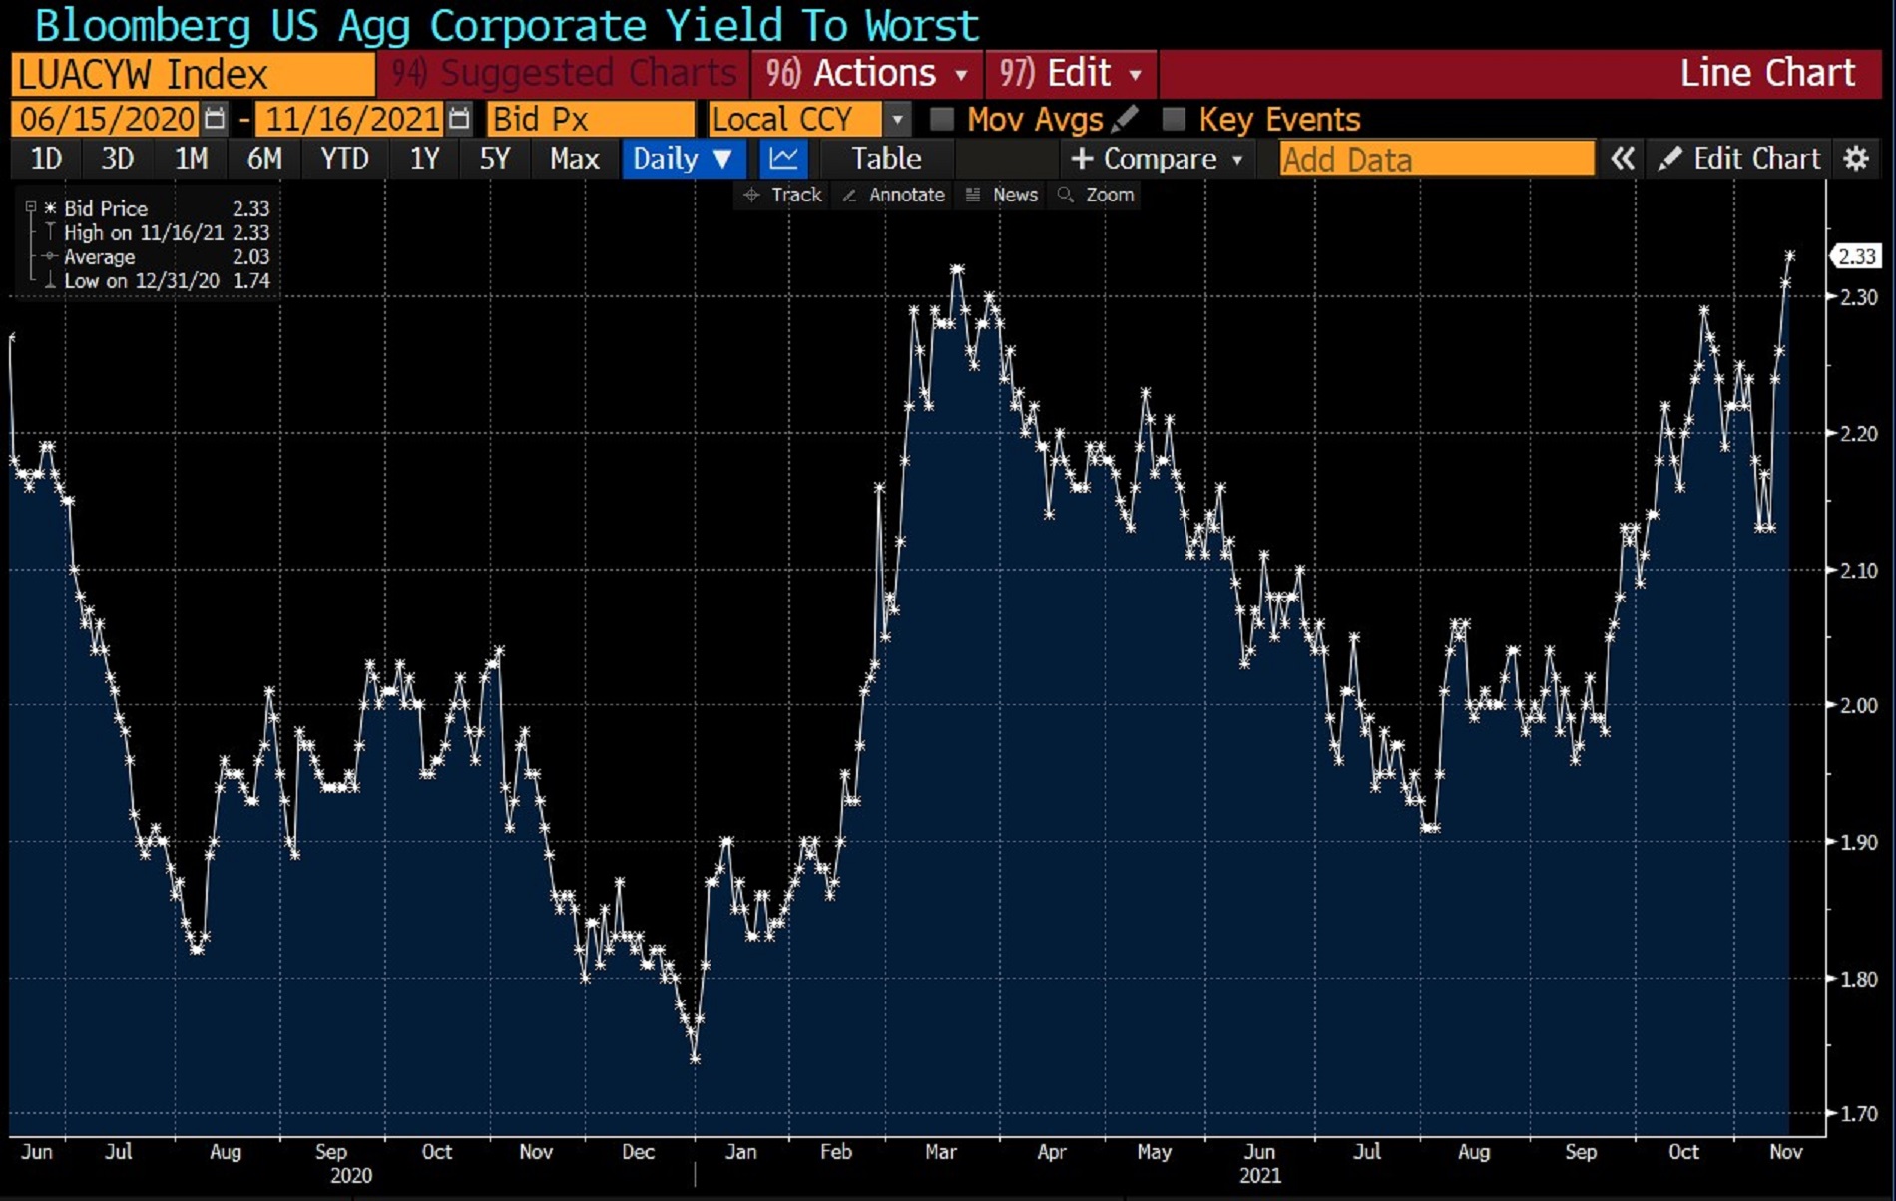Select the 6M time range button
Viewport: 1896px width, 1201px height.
(x=264, y=159)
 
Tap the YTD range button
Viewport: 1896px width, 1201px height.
(x=344, y=159)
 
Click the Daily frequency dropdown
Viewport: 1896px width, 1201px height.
(x=684, y=159)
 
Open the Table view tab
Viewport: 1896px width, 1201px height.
(x=885, y=159)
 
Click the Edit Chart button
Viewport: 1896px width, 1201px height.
(x=1741, y=159)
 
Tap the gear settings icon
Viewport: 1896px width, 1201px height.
(x=1855, y=159)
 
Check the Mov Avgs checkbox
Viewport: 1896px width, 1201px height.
(x=941, y=120)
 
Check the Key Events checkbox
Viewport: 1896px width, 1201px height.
(x=1174, y=120)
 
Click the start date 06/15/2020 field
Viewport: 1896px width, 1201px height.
(x=107, y=120)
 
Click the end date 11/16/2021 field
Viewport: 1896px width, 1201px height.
(x=351, y=120)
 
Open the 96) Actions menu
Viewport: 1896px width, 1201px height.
(x=866, y=74)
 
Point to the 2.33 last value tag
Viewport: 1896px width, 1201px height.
(x=1856, y=257)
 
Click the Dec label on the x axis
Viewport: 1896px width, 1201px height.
(x=638, y=1152)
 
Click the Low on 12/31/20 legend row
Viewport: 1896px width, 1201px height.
(x=150, y=281)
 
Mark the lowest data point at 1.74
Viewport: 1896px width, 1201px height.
(x=695, y=1058)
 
